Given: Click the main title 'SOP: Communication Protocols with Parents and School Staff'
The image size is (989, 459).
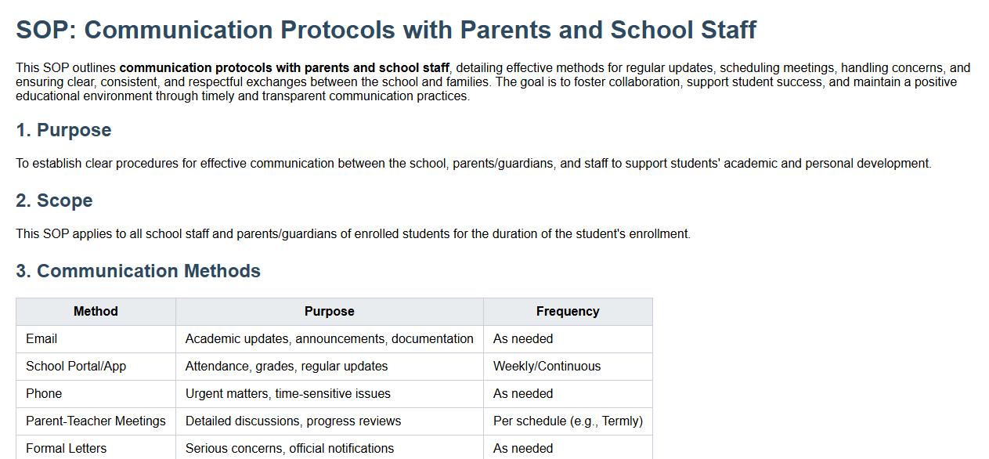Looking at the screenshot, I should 386,30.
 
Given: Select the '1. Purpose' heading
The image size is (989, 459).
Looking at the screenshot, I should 63,130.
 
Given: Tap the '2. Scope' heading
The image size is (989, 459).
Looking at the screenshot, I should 54,201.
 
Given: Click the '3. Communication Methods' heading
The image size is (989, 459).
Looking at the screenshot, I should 138,271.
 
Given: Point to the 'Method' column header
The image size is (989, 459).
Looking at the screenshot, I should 96,312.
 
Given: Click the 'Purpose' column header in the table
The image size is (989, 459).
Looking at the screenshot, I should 329,312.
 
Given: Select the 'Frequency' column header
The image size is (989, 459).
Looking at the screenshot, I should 568,312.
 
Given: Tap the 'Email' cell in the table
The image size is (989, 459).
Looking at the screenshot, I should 42,339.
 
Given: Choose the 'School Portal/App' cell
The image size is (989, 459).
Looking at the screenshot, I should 76,367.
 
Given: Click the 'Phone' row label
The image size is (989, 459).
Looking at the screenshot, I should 44,394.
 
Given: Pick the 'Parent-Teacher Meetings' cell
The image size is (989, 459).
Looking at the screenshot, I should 96,421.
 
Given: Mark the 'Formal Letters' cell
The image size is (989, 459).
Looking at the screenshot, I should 66,449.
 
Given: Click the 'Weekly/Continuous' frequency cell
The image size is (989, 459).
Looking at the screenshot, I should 547,367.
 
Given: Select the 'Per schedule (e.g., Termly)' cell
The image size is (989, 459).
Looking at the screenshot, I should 568,421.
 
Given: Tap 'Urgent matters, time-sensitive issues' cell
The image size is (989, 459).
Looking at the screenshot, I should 287,394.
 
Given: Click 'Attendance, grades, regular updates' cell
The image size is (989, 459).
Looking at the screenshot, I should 287,367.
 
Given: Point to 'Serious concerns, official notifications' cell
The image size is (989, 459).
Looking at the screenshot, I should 290,449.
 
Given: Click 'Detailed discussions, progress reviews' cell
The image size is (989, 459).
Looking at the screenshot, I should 293,421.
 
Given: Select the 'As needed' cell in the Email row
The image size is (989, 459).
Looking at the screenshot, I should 523,339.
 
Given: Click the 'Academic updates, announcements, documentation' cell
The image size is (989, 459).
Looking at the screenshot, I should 329,339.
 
